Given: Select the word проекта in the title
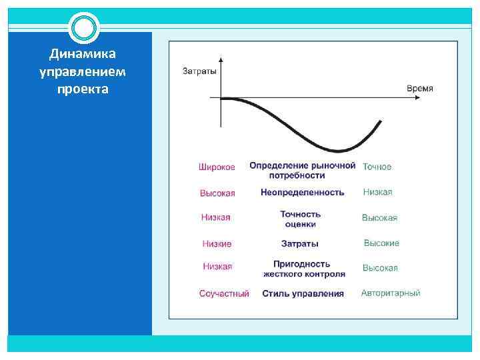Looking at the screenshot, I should [83, 89].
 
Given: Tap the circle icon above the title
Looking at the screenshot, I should [84, 28].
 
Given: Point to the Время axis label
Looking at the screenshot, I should [419, 88].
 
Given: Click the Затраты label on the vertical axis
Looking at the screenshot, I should [199, 71].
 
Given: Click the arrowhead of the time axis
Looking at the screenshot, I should [418, 99].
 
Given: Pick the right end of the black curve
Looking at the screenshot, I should [381, 121].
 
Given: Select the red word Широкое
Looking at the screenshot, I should [217, 167].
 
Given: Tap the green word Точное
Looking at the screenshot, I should [377, 167].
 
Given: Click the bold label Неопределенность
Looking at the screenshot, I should [303, 192].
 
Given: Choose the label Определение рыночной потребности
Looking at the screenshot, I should [302, 170].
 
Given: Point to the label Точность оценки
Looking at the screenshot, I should [301, 219].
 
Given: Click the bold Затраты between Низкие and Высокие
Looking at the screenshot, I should [300, 243].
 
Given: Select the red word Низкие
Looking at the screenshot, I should [217, 244].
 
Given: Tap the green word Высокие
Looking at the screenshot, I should [381, 243].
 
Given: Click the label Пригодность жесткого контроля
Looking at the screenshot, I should [304, 269].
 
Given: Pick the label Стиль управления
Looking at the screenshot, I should [303, 293].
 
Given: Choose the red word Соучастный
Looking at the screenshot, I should [224, 293].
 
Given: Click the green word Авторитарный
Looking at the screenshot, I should [391, 293].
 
